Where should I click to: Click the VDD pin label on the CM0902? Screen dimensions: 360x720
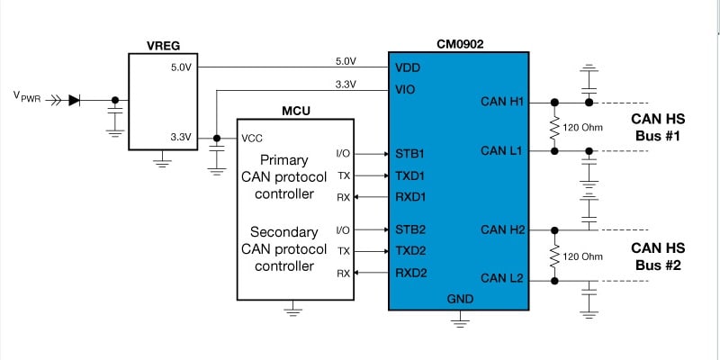408,67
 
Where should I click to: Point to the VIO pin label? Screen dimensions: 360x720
405,91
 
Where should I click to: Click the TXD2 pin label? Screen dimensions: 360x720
410,251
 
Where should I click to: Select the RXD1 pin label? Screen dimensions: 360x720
411,196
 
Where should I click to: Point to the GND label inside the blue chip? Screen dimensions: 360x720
460,298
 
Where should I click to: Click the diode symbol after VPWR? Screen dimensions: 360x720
74,101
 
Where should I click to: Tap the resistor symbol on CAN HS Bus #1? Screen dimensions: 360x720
553,126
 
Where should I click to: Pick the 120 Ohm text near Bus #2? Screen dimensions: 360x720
583,256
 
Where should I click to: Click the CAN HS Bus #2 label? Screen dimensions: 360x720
658,256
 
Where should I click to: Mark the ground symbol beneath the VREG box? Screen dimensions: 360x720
163,162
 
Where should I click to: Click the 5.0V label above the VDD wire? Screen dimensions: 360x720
345,61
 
